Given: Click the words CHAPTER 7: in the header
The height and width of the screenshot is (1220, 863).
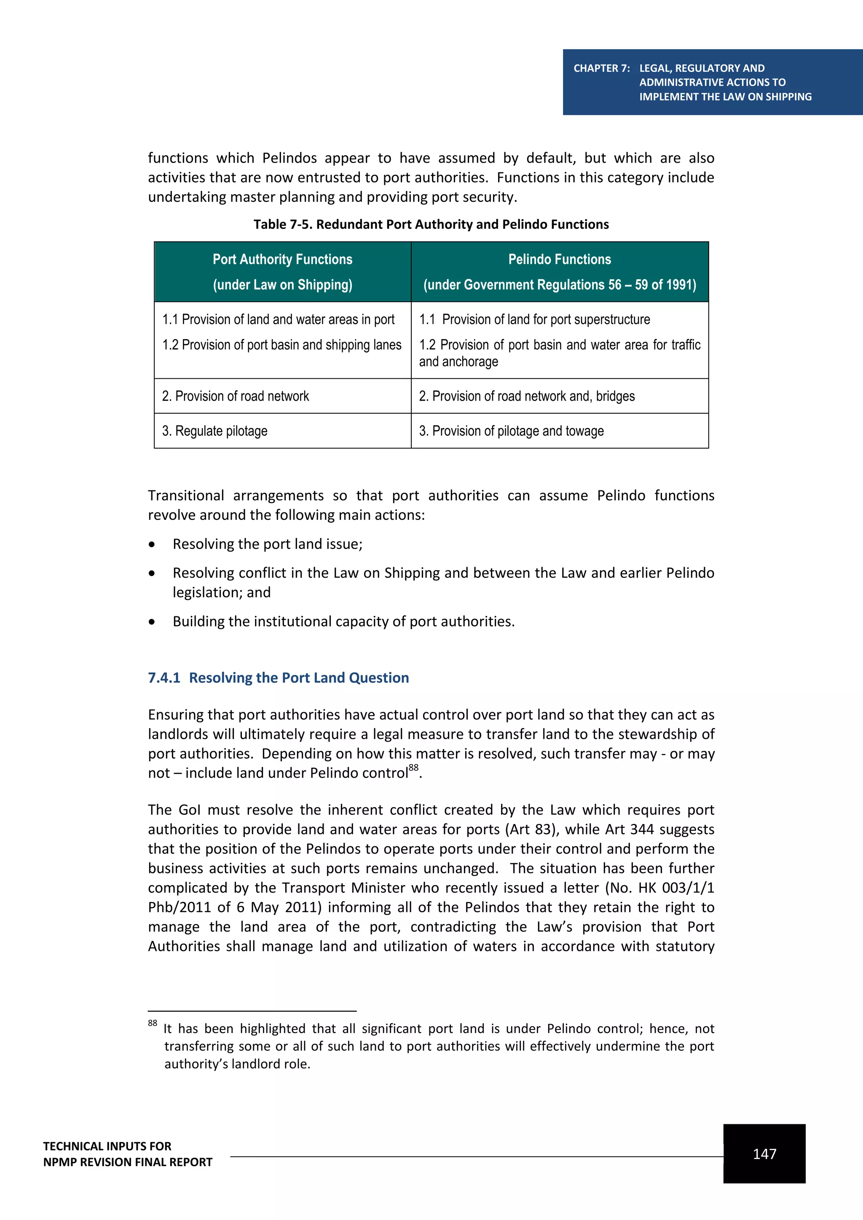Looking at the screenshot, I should tap(602, 68).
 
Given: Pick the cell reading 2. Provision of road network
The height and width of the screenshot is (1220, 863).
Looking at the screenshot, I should tap(236, 396).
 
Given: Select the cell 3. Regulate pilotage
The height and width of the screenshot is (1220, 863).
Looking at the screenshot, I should tap(214, 431).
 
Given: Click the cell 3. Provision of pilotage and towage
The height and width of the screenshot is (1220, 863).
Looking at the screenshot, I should tap(511, 431).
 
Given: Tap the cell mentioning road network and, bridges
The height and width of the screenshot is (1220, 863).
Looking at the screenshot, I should tap(527, 396).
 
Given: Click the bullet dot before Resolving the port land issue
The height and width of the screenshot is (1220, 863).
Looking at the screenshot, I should tap(152, 545).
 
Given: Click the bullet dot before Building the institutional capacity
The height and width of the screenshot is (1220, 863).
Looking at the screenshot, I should tap(152, 622).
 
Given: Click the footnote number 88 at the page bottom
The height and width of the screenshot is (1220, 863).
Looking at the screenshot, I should tap(153, 1023).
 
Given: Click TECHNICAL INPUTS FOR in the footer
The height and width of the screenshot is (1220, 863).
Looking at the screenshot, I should tap(107, 1146).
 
